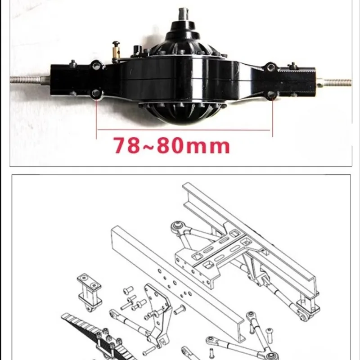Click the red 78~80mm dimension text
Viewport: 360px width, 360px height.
click(x=172, y=145)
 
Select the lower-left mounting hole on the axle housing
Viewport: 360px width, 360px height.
click(x=95, y=94)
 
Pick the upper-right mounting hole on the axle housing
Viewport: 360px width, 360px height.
click(x=271, y=67)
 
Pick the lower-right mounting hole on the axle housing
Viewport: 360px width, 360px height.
click(x=271, y=94)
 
